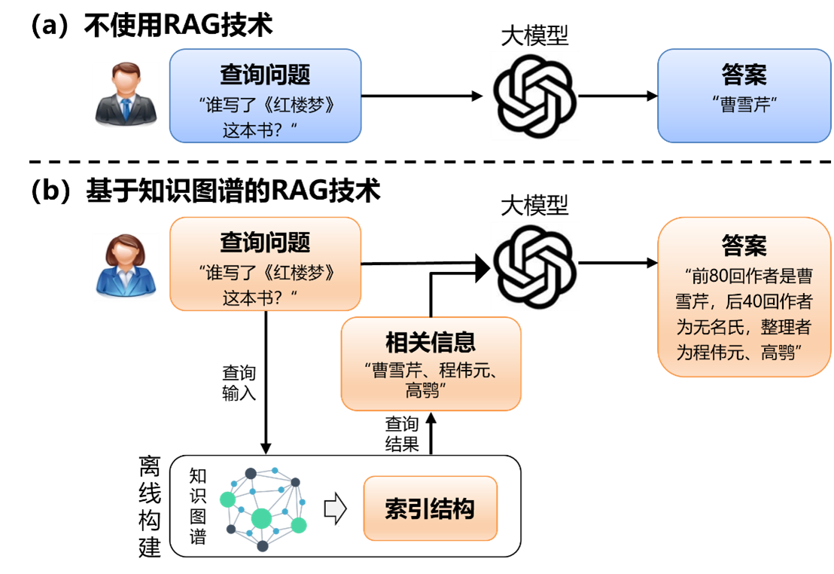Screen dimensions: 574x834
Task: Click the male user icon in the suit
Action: coord(126,95)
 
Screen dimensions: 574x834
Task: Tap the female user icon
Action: coord(126,267)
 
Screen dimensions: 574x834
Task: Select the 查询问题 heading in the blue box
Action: coord(265,75)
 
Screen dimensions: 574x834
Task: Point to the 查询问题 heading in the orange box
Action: coord(265,243)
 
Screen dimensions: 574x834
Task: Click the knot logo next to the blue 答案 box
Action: coord(534,96)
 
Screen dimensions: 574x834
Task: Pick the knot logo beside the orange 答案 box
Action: coord(534,266)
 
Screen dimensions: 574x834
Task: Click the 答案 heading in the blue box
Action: coord(744,75)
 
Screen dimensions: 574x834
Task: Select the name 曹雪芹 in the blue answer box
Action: coord(744,105)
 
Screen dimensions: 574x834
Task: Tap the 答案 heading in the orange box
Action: coord(744,246)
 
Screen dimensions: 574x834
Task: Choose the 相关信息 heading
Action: coord(431,343)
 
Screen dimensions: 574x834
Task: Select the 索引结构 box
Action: coord(430,508)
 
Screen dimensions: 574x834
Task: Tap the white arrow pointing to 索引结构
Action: coord(335,510)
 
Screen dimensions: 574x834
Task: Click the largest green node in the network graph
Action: coord(261,518)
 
